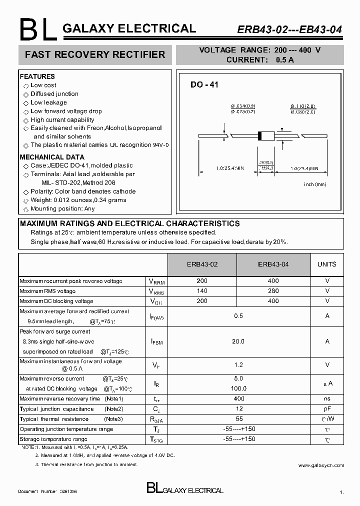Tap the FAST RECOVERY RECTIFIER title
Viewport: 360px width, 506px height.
[95, 54]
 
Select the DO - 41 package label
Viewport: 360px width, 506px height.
[204, 85]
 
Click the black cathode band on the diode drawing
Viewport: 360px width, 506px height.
[260, 135]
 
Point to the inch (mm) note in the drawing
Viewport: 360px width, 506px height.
[315, 184]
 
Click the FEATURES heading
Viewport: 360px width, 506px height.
[37, 76]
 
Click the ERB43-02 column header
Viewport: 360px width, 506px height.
[202, 264]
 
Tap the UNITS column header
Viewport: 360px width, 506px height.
[327, 264]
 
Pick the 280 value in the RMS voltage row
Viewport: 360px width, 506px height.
[273, 291]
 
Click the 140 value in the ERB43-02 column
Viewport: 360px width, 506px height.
[202, 291]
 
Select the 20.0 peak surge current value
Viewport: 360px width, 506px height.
[238, 341]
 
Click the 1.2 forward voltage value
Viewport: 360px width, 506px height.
[238, 365]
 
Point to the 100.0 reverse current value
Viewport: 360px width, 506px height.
[238, 388]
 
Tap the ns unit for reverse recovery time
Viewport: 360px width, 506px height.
[327, 398]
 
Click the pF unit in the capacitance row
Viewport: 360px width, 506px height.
[327, 408]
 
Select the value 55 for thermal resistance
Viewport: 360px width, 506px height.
[238, 419]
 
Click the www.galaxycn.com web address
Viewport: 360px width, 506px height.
[321, 465]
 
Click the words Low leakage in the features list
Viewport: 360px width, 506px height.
[48, 102]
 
